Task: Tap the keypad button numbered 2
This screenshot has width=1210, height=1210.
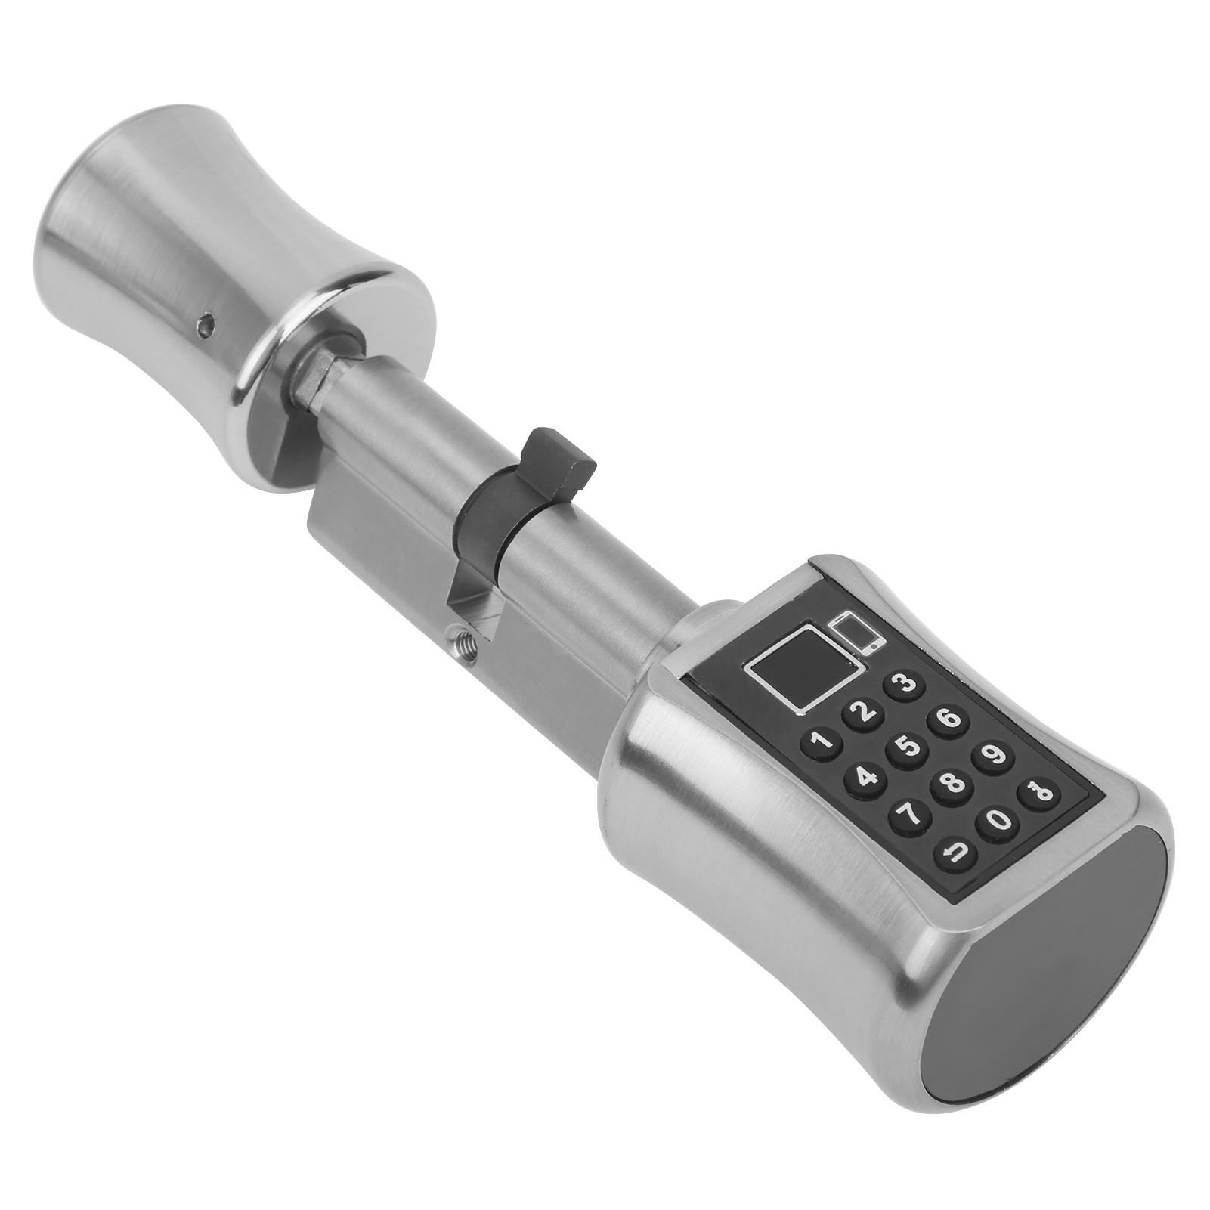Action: coord(863,712)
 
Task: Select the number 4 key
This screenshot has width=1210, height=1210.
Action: coord(865,779)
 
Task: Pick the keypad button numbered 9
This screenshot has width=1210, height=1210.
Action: coord(993,755)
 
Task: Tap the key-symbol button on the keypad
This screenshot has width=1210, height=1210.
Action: coord(1037,793)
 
